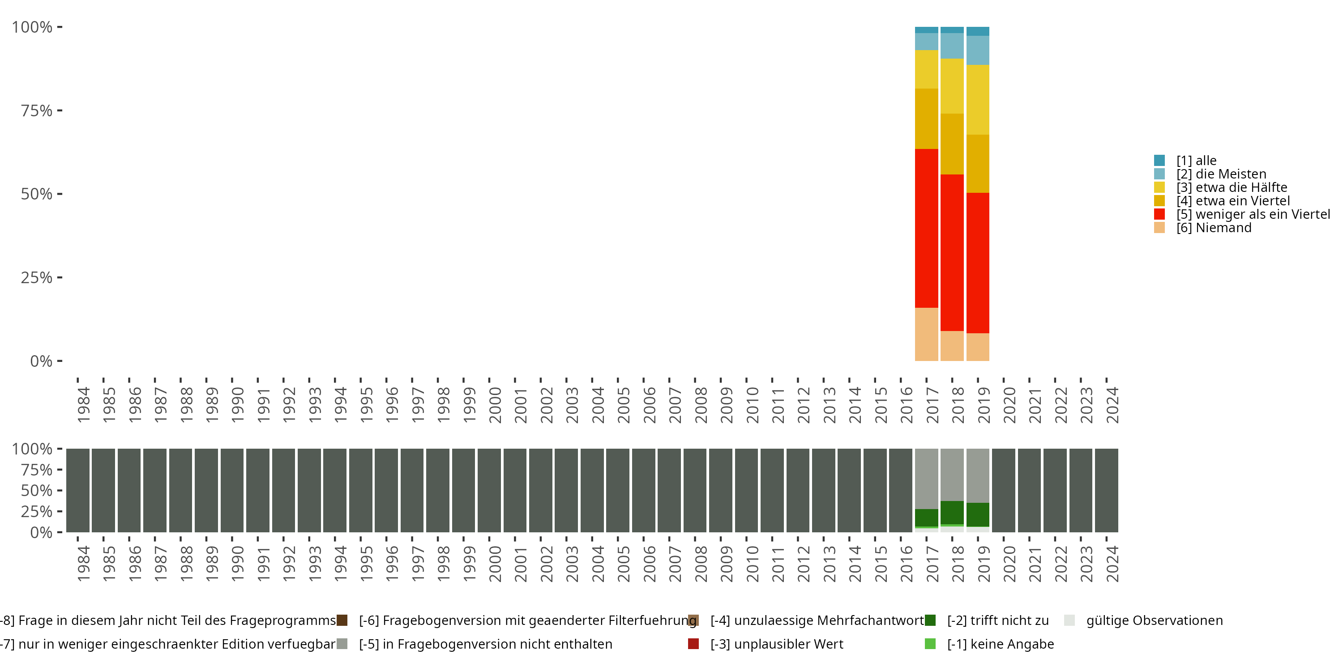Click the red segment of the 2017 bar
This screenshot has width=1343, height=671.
coord(926,228)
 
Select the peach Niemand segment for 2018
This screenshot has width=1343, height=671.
coord(952,346)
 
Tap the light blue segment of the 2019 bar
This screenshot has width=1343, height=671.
coord(978,50)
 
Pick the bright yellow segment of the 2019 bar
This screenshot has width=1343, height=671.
coord(978,99)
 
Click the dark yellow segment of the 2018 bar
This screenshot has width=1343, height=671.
coord(952,144)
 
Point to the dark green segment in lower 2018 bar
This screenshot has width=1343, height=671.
coord(952,512)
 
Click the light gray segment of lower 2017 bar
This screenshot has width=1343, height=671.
coord(926,478)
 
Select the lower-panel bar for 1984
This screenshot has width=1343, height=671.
coord(78,490)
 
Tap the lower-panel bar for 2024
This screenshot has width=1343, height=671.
coord(1106,490)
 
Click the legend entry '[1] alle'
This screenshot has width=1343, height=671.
coord(1196,161)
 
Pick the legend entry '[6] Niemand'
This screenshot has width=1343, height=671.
coord(1213,228)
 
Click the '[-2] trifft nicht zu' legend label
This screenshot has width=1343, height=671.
coord(997,620)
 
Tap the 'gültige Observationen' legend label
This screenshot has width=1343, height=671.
coord(1154,620)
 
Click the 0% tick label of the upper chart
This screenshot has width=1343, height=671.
coord(41,361)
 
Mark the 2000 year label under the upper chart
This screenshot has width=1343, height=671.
coord(495,405)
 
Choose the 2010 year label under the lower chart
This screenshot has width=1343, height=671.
coord(752,564)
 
